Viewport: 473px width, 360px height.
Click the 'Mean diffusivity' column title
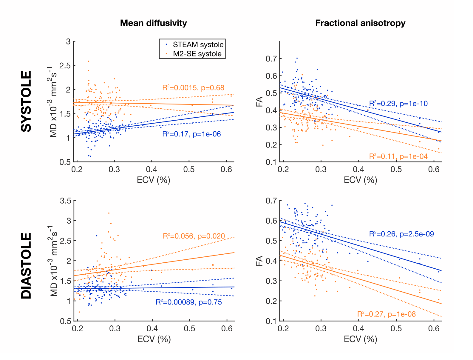click(153, 23)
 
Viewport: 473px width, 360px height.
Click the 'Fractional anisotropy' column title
click(360, 23)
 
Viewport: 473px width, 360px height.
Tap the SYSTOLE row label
click(27, 101)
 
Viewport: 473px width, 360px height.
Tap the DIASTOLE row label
click(27, 266)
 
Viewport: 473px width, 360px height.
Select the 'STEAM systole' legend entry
click(198, 45)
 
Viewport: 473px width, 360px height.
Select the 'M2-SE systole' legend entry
click(197, 54)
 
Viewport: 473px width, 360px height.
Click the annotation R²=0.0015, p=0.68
click(193, 88)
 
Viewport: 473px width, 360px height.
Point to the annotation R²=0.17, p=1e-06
click(191, 134)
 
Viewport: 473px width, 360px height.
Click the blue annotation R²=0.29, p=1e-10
click(398, 104)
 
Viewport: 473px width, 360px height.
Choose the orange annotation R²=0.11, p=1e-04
click(398, 156)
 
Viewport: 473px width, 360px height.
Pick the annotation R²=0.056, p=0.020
click(194, 236)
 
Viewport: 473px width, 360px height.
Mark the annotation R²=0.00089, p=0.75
click(188, 302)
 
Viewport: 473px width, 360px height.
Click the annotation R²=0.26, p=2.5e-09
click(401, 234)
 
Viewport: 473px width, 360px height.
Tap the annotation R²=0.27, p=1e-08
click(386, 314)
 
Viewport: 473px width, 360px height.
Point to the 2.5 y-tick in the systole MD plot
click(65, 66)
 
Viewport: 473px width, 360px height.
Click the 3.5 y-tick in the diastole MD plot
click(66, 201)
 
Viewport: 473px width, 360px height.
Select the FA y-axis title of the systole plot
click(259, 101)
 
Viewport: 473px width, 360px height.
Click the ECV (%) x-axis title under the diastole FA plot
click(360, 339)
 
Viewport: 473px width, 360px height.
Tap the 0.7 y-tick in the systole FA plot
click(271, 59)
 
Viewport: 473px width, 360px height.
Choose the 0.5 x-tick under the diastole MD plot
click(189, 329)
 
